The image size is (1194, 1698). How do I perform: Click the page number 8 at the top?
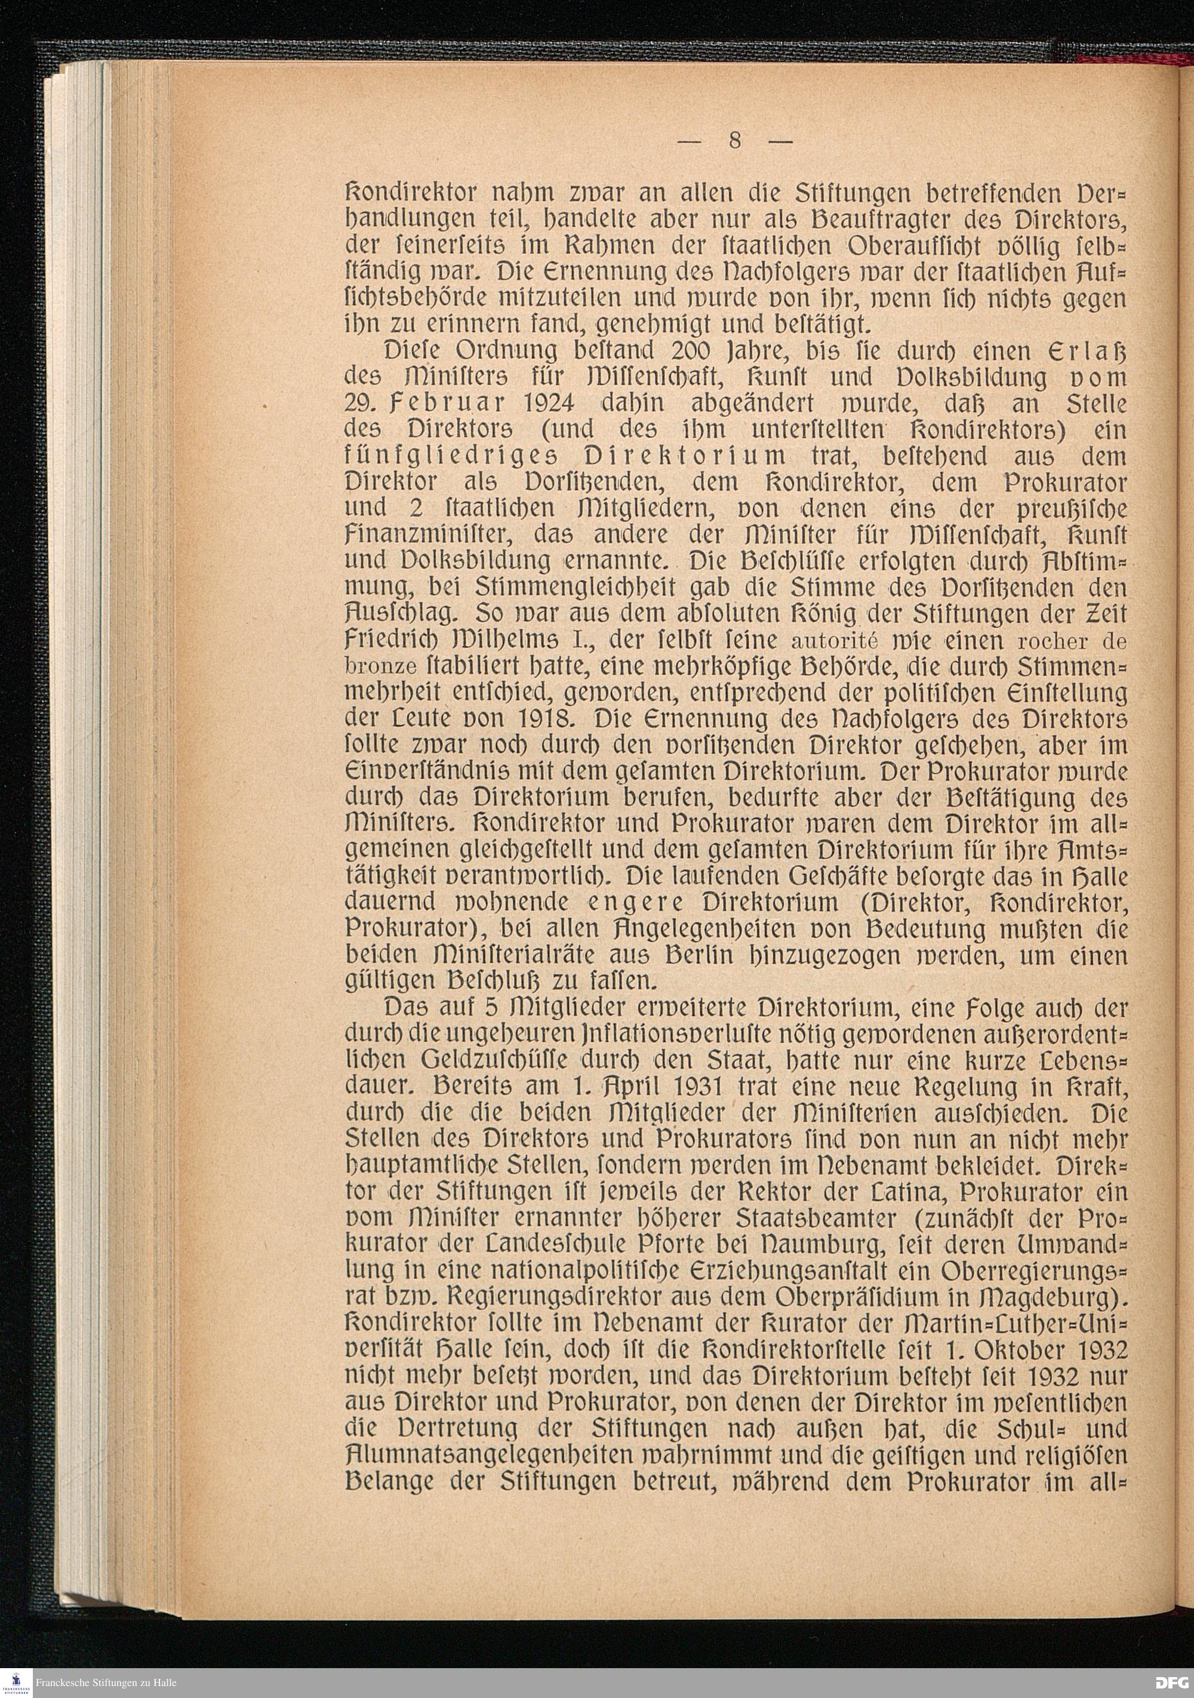click(x=734, y=140)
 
